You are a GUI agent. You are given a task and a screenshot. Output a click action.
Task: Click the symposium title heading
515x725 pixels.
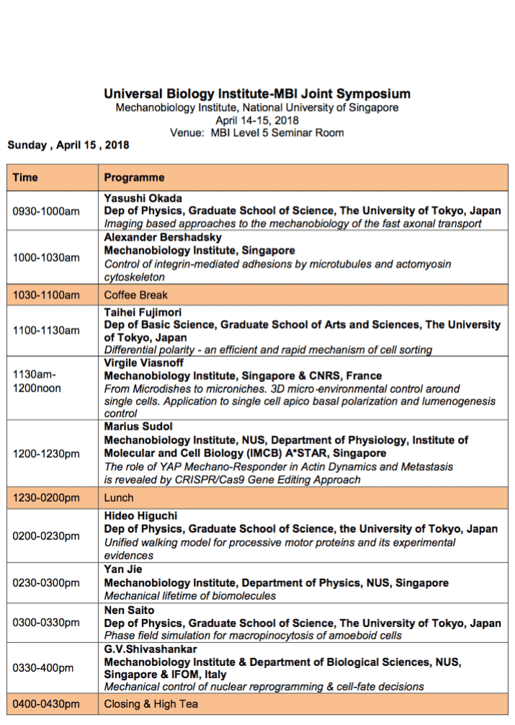point(257,94)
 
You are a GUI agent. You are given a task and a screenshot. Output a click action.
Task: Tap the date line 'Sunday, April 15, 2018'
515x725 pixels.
point(68,145)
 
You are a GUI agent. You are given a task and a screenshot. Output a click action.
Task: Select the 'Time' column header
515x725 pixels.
point(25,177)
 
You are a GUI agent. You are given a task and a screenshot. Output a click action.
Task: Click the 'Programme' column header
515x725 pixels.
point(134,177)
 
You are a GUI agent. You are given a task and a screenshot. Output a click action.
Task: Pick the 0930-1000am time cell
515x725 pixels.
point(46,211)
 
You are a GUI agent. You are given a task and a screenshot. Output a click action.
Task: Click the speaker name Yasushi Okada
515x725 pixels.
point(143,198)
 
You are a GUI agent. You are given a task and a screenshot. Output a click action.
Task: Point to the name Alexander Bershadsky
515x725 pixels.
point(163,237)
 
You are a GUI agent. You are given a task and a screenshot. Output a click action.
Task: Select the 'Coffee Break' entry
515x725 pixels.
point(135,295)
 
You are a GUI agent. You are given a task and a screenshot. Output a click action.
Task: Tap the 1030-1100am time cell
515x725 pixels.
point(46,295)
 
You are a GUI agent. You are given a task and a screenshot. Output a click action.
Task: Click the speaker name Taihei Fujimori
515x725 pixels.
point(143,312)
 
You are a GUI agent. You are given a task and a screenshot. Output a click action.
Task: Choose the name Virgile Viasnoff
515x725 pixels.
point(146,363)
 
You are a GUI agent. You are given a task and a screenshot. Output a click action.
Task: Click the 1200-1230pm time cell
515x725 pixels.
point(46,454)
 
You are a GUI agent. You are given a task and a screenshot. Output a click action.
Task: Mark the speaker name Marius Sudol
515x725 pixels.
point(138,427)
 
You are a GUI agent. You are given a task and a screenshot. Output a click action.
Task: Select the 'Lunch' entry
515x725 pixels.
point(119,498)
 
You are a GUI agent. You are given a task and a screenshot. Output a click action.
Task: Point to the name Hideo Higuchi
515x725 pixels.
point(140,516)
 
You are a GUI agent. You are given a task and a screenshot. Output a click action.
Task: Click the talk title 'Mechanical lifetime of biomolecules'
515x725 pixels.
point(190,596)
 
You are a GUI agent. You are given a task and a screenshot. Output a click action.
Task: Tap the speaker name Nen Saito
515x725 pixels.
point(129,610)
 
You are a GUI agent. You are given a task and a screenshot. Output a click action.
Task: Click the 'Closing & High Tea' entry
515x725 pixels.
point(151,704)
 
